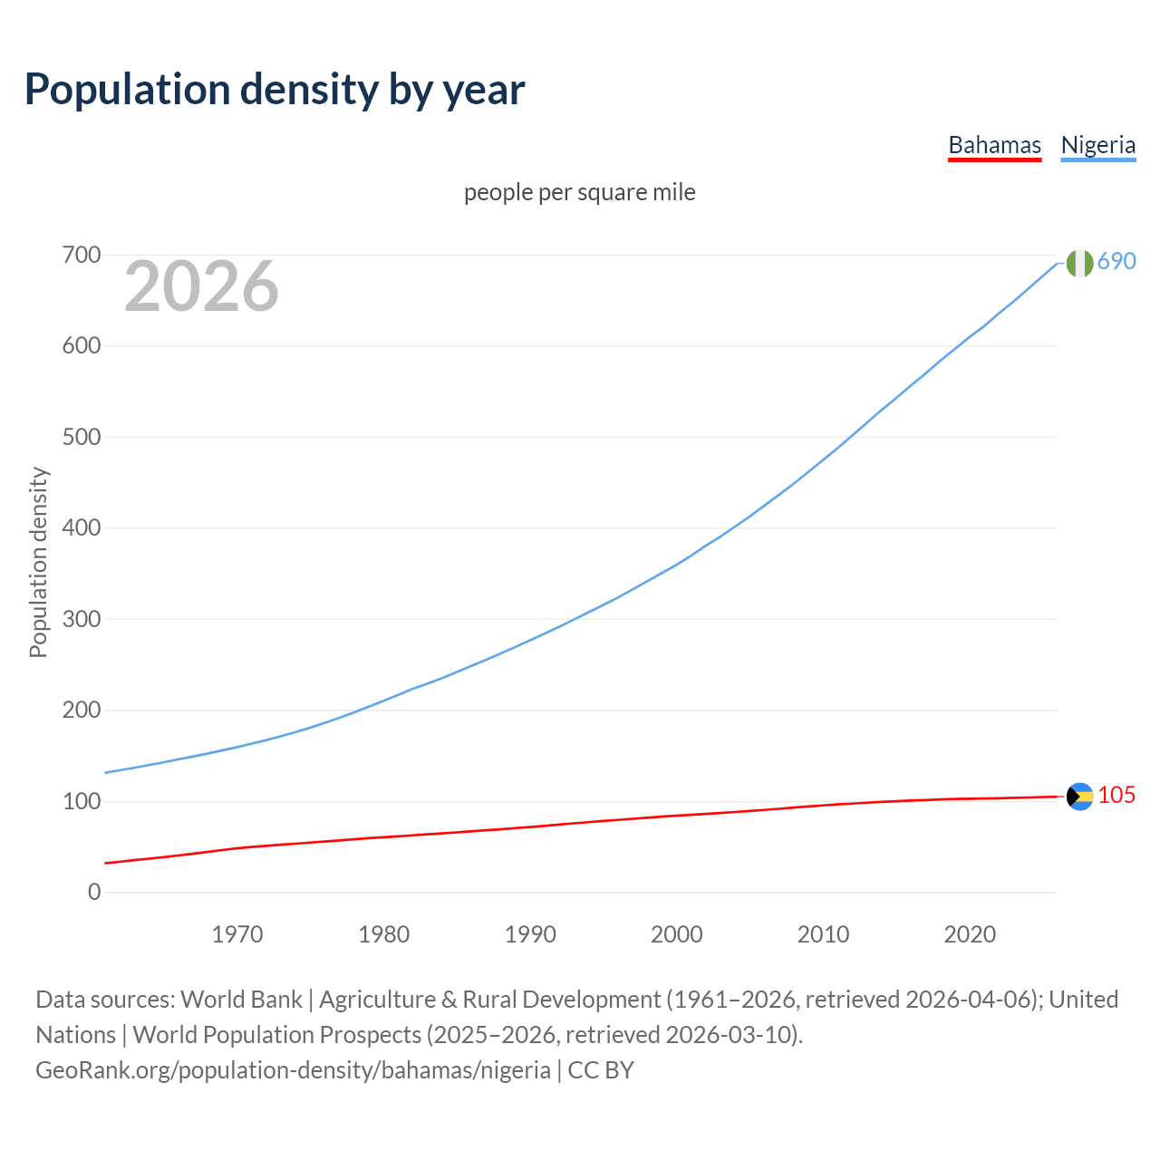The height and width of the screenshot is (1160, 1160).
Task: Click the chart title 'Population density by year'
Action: coord(275,89)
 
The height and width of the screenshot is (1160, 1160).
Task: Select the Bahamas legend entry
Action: coord(994,145)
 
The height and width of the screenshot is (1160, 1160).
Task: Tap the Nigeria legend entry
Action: coord(1097,145)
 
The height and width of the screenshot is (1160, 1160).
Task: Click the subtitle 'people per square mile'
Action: coord(580,192)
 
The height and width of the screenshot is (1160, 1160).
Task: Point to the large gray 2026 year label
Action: coord(201,286)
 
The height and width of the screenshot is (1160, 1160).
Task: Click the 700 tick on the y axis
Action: coord(82,255)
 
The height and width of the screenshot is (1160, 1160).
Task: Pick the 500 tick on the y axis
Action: coord(82,437)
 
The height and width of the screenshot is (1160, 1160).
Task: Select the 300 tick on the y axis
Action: coord(82,619)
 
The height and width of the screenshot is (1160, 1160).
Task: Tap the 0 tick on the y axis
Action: coord(94,892)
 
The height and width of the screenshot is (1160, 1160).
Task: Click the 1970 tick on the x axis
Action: coord(237,934)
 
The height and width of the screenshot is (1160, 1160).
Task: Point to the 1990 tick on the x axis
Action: coord(530,934)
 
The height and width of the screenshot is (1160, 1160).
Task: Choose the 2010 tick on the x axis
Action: coord(823,934)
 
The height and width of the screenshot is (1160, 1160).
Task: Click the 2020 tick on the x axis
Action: coord(970,934)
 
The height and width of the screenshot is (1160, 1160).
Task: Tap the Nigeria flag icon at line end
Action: coord(1079,263)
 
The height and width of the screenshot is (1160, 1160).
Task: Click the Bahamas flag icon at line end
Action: coord(1079,796)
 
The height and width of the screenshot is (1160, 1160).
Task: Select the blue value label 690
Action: coord(1116,261)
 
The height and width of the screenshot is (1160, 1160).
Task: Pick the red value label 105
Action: coord(1116,795)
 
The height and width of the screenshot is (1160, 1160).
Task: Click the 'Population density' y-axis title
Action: coord(38,562)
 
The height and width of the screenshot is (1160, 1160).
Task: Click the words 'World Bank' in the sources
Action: coord(241,999)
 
